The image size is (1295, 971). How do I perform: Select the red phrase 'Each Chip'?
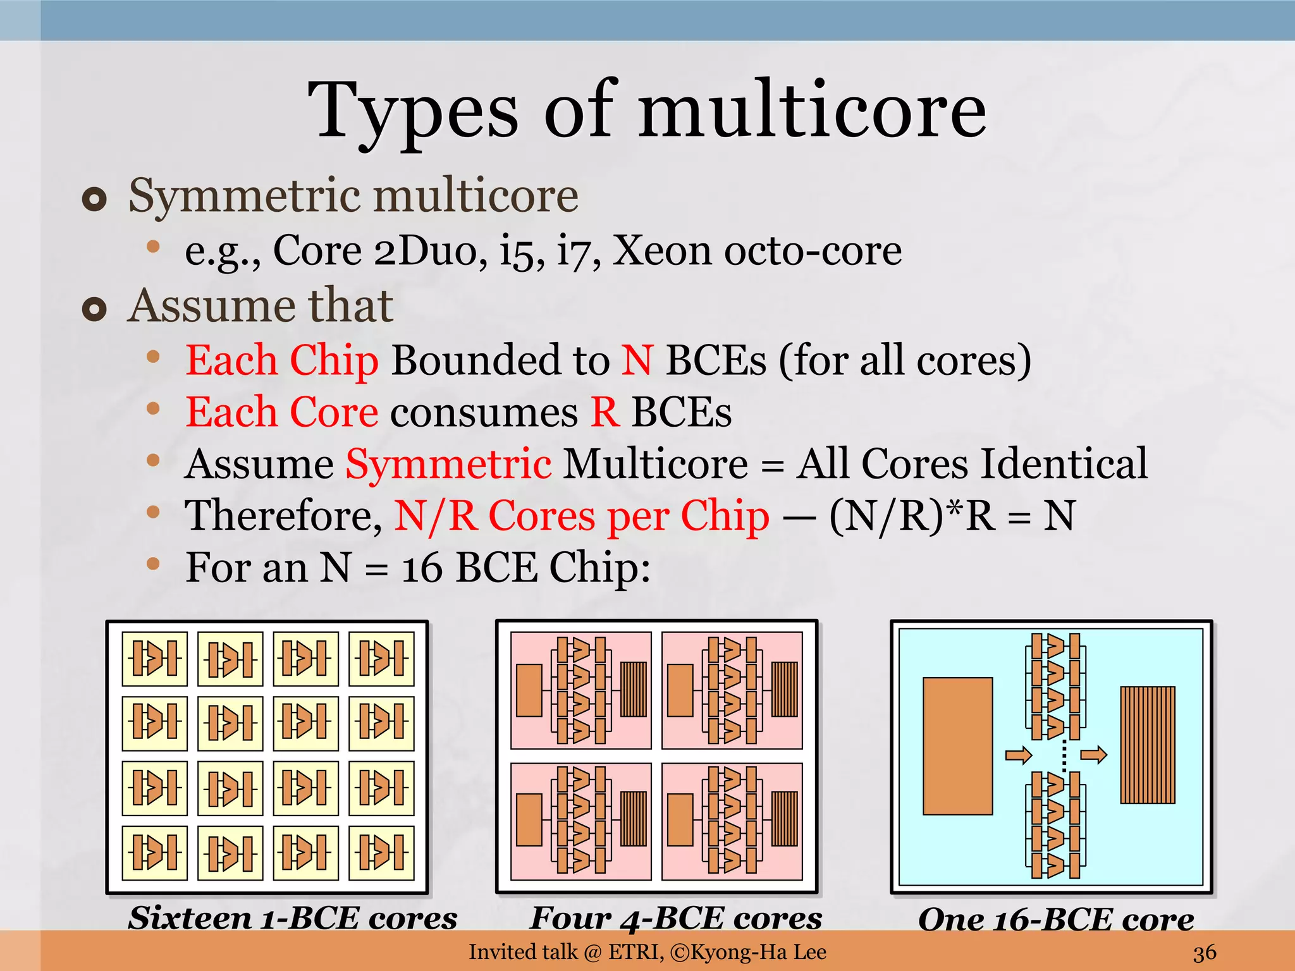[282, 360]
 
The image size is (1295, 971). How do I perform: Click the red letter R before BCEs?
[605, 412]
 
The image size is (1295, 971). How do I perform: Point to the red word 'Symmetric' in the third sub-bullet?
[448, 464]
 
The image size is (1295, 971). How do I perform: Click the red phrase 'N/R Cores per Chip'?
[582, 516]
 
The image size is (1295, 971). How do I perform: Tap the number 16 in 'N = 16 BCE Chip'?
[422, 568]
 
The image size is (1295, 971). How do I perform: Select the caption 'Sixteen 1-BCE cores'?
[293, 918]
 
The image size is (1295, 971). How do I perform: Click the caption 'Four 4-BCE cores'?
[676, 918]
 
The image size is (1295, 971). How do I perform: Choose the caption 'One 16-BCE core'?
[1056, 919]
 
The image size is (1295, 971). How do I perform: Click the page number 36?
[1205, 952]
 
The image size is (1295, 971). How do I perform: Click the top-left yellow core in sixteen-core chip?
[155, 659]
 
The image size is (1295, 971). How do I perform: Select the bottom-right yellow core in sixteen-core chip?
[381, 853]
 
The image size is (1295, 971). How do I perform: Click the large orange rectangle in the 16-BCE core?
[957, 746]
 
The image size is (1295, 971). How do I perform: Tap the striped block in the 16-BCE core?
[1147, 745]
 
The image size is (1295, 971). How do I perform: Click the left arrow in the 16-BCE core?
[1018, 755]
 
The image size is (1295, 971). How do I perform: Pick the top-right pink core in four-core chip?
[732, 690]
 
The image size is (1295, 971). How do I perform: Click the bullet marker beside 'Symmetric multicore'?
[94, 200]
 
